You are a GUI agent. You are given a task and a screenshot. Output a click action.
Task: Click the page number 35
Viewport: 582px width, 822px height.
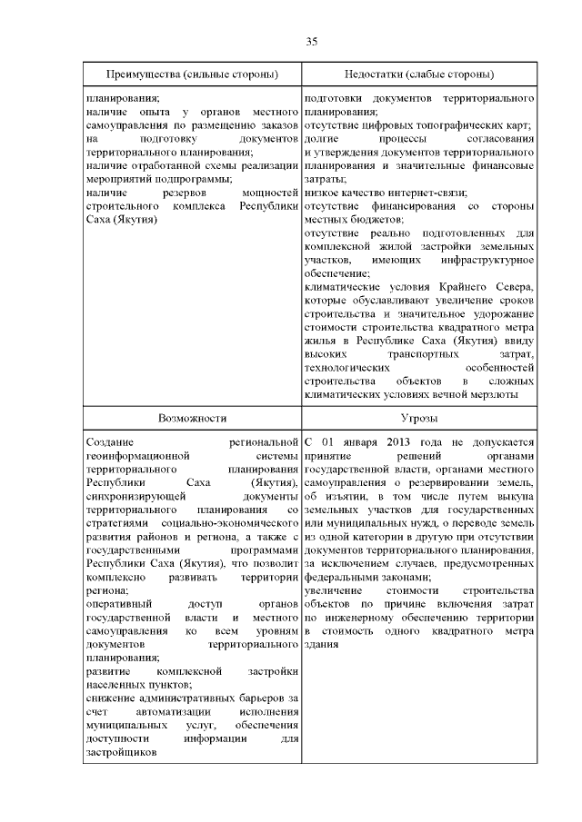tap(311, 41)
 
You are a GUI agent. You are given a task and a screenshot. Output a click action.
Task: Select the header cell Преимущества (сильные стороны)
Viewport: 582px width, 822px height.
tap(192, 73)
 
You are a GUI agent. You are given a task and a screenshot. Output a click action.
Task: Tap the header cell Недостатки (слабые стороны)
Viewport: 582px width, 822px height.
tap(419, 73)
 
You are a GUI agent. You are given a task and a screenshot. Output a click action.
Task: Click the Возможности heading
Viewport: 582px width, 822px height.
tap(192, 417)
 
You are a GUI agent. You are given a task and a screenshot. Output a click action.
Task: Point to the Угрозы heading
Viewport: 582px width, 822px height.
tap(419, 417)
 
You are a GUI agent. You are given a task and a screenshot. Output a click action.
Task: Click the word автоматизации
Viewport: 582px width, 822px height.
tap(156, 711)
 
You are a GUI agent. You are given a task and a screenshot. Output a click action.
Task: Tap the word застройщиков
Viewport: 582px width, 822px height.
tap(121, 752)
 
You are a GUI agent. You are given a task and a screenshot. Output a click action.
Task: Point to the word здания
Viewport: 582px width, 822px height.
tap(321, 619)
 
